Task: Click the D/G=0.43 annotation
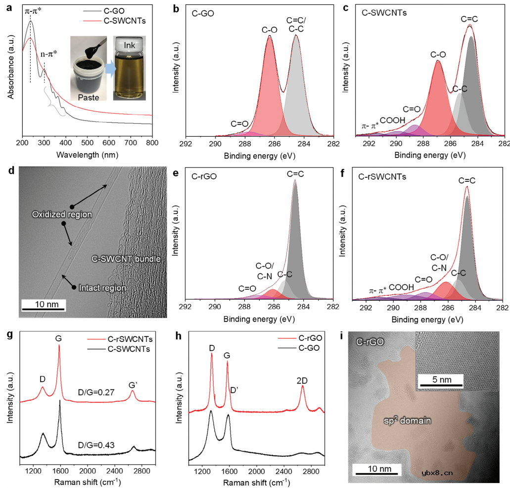tap(99, 445)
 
